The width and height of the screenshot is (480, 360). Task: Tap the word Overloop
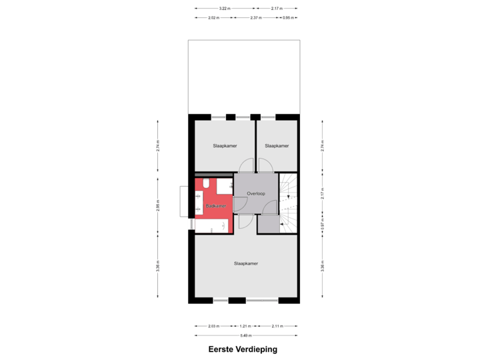pyautogui.click(x=256, y=193)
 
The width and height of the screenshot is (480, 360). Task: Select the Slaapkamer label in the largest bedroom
pyautogui.click(x=246, y=263)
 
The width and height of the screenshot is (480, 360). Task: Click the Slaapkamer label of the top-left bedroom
pyautogui.click(x=225, y=145)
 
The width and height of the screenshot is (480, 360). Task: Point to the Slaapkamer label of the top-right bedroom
pyautogui.click(x=277, y=145)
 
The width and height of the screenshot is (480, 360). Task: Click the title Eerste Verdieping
pyautogui.click(x=242, y=349)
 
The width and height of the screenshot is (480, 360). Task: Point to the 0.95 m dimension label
pyautogui.click(x=288, y=17)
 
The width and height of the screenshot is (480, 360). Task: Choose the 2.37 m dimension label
pyautogui.click(x=255, y=17)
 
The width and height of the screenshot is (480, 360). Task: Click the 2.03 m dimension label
pyautogui.click(x=213, y=326)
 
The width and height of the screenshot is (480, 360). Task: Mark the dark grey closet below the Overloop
pyautogui.click(x=268, y=224)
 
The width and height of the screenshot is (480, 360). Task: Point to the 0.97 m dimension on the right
pyautogui.click(x=322, y=225)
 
